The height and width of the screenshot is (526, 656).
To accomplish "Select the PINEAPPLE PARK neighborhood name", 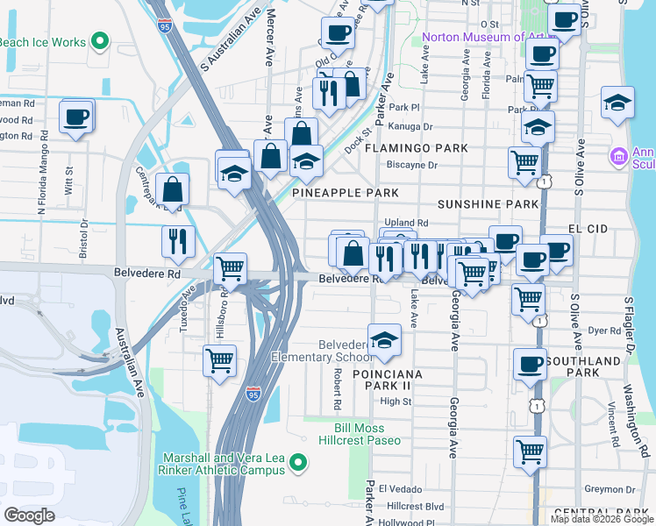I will pyautogui.click(x=345, y=192).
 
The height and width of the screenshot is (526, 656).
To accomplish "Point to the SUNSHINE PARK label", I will pyautogui.click(x=487, y=203).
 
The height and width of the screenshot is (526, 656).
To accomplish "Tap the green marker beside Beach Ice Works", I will pyautogui.click(x=100, y=41).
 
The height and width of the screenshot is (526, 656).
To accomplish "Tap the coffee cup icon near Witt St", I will pyautogui.click(x=76, y=117).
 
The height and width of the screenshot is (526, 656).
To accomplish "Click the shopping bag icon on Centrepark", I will pyautogui.click(x=173, y=188).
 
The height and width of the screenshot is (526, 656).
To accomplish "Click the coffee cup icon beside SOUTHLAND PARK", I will pyautogui.click(x=529, y=365).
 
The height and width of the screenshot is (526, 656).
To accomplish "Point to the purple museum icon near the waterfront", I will pyautogui.click(x=618, y=157).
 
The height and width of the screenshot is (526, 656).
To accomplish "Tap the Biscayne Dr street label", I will pyautogui.click(x=412, y=164).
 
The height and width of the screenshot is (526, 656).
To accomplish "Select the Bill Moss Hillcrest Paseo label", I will pyautogui.click(x=370, y=434).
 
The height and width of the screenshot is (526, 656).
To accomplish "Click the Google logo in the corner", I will pyautogui.click(x=31, y=515).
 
